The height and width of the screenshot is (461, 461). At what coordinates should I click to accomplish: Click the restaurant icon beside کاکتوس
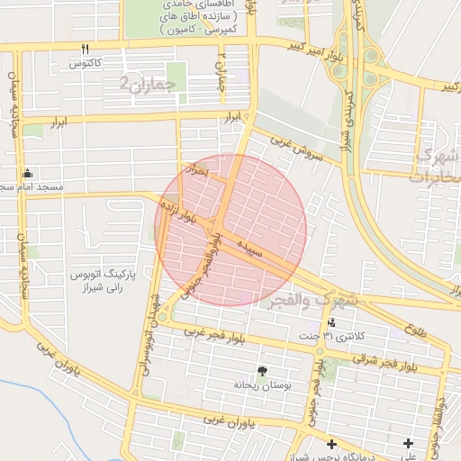(x=85, y=49)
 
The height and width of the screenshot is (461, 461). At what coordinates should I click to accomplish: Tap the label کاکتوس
(x=85, y=64)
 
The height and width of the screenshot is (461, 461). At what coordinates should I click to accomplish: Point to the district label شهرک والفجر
(x=312, y=300)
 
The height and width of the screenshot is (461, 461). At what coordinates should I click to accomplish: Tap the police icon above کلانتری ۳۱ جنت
(x=333, y=323)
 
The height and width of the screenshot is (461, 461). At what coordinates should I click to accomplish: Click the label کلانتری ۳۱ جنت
(x=333, y=337)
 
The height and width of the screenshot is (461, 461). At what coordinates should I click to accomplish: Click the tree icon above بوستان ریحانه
(x=262, y=371)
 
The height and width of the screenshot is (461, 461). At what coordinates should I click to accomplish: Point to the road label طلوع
(x=416, y=331)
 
